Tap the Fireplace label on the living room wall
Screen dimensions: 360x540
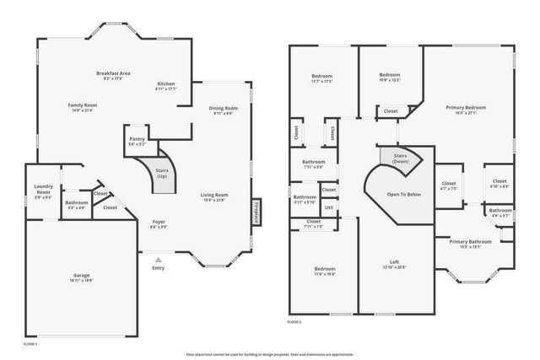coord(256,212)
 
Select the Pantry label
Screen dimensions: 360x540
coord(136,141)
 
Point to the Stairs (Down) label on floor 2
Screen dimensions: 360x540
coord(394,158)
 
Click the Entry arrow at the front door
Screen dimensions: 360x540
coord(158,259)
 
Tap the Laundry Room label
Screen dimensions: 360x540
coord(43,190)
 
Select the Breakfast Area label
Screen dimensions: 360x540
coord(112,74)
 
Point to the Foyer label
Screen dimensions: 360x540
coord(158,223)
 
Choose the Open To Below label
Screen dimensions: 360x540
coord(403,195)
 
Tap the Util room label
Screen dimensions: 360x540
coord(328,207)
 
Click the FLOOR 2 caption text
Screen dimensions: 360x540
coord(294,322)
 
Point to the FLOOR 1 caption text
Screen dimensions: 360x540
coord(30,345)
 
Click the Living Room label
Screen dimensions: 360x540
coord(214,196)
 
